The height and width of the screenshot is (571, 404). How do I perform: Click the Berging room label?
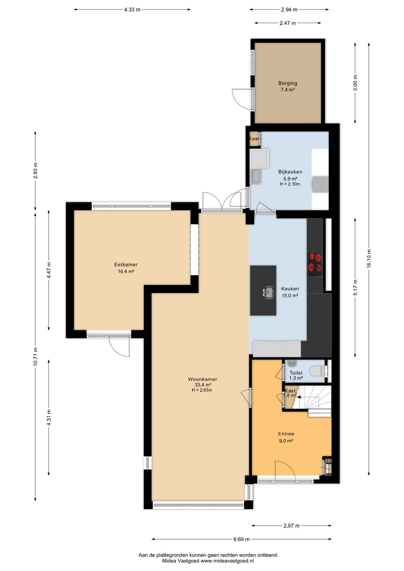click(288, 83)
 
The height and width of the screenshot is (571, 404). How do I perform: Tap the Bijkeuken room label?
click(290, 172)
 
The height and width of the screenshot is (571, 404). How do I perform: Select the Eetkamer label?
click(126, 265)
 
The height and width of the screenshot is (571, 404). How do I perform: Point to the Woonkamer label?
click(202, 379)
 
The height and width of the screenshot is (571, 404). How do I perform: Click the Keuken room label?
click(290, 289)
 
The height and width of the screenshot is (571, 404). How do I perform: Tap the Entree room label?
click(286, 434)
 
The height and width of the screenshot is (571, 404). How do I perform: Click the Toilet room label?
click(296, 373)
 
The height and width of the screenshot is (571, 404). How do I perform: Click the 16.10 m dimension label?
click(369, 258)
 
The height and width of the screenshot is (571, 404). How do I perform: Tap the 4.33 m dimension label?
click(132, 10)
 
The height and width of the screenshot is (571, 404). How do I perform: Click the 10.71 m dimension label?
click(35, 357)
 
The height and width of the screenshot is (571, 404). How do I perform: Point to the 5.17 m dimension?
click(356, 287)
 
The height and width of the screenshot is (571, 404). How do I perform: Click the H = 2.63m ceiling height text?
click(202, 390)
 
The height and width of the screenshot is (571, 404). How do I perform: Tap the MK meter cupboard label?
click(328, 461)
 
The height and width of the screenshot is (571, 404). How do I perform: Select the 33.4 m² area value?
click(202, 385)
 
